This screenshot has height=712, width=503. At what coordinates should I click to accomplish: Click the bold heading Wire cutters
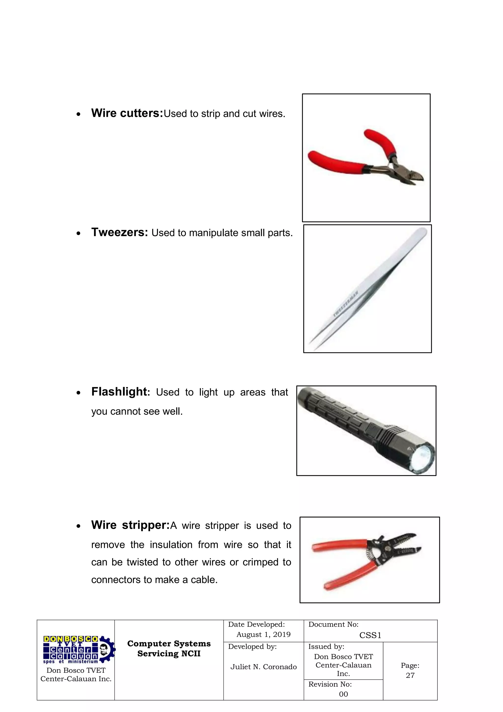click(127, 113)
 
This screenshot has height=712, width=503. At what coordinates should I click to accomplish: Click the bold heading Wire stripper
click(130, 525)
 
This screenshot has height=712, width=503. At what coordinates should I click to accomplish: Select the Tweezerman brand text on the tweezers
click(346, 304)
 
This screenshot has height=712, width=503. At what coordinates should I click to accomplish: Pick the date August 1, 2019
click(264, 635)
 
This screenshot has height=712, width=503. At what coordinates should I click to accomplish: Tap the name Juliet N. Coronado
click(264, 667)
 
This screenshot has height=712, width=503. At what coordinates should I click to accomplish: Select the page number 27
click(410, 675)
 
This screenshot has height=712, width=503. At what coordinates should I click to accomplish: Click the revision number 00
click(343, 694)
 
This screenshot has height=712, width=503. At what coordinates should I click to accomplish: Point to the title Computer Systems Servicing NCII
click(169, 649)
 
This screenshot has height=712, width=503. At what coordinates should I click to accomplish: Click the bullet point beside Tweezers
click(79, 233)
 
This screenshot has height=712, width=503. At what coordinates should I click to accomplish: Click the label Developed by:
click(252, 647)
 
